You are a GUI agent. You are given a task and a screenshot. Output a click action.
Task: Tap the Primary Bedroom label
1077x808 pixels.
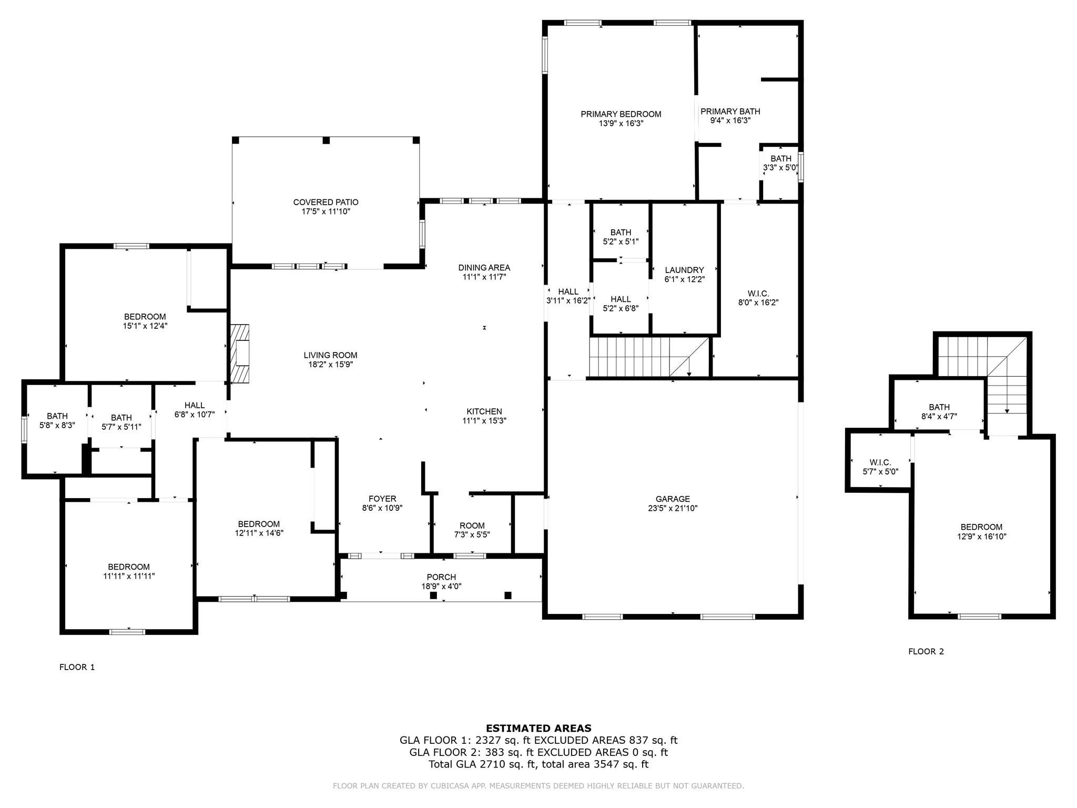(x=621, y=114)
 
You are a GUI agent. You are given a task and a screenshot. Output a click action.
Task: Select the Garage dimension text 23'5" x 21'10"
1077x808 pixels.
(x=673, y=508)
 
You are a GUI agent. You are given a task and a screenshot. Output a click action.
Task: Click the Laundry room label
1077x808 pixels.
(x=684, y=270)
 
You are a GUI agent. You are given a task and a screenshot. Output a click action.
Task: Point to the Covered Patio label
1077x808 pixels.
(x=326, y=202)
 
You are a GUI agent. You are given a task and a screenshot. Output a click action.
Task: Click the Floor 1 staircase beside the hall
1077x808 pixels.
(x=649, y=357)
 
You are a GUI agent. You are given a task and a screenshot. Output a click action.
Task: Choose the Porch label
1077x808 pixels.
(x=441, y=577)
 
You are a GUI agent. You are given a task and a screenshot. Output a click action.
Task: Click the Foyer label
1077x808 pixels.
(x=382, y=499)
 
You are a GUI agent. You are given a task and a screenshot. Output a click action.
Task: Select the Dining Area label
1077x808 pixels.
(x=484, y=268)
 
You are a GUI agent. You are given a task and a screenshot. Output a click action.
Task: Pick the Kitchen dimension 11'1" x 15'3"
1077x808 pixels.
(x=484, y=421)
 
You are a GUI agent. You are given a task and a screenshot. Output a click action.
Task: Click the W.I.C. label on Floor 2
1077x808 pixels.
(x=880, y=462)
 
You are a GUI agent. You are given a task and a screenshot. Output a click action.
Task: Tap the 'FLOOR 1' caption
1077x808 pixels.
(x=77, y=667)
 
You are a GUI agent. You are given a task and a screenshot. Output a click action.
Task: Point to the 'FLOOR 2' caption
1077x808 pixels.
(x=926, y=651)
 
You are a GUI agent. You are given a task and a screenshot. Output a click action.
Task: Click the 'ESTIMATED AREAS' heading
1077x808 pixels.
(x=538, y=728)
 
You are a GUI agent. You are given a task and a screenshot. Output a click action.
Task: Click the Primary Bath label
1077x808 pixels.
(x=730, y=111)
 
